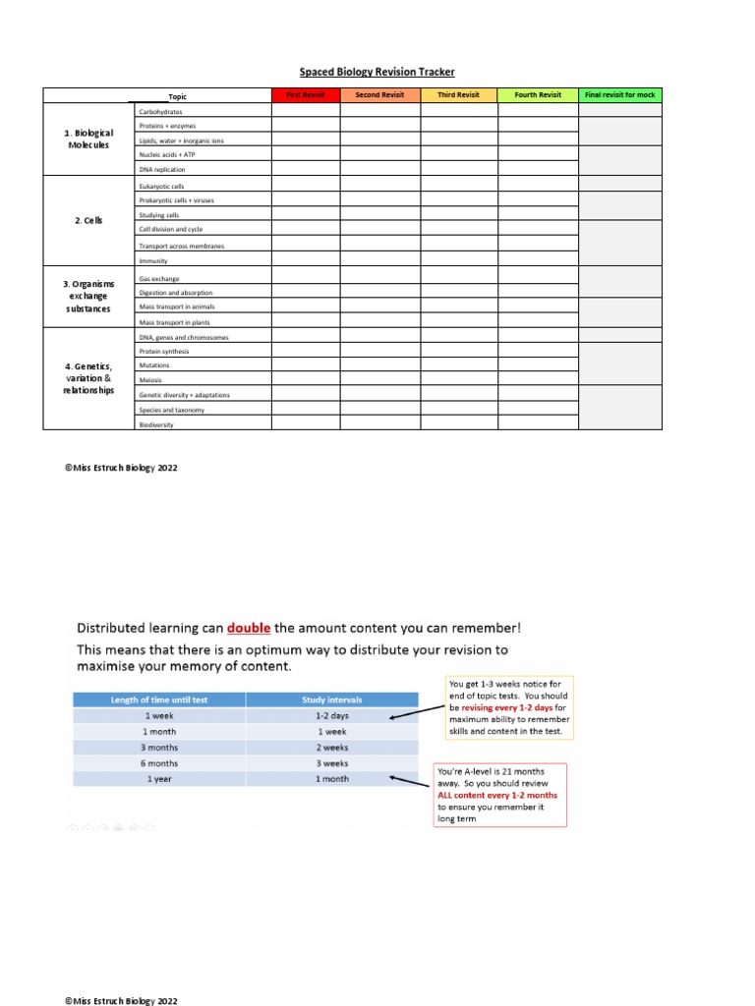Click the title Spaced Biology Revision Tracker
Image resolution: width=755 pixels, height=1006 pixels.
[377, 72]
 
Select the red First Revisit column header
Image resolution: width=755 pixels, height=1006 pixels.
[305, 95]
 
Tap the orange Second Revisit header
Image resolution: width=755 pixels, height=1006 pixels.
[379, 95]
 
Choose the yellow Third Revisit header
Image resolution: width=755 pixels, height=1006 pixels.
[458, 95]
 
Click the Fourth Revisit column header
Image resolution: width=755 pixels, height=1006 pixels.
[538, 95]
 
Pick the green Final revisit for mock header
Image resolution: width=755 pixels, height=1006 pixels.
[619, 95]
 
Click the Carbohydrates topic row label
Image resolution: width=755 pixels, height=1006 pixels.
[161, 112]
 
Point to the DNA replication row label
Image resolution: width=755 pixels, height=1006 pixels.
[162, 169]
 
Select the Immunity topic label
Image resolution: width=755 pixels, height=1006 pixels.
[153, 261]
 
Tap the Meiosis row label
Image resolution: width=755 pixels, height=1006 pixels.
[150, 380]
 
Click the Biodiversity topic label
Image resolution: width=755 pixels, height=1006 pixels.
[157, 424]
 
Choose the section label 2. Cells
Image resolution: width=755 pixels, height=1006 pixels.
[88, 221]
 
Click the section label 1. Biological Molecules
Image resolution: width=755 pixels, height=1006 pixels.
[88, 139]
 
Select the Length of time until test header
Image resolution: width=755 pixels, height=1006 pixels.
[158, 699]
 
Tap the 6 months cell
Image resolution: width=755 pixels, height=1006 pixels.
[158, 762]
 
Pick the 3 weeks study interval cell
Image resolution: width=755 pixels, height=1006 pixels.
[331, 762]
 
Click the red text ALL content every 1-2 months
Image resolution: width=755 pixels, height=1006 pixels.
[497, 795]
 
